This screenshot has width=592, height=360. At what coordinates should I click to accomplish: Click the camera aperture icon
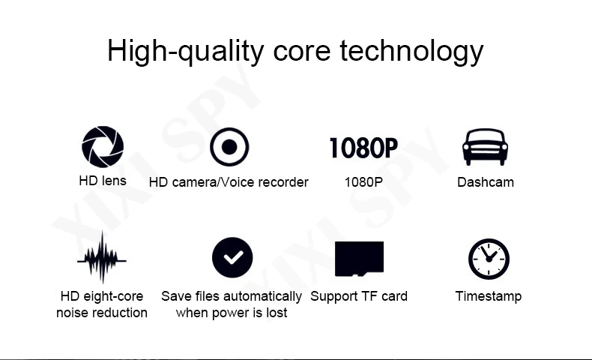point(103,147)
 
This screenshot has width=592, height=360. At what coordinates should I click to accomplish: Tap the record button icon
point(229,147)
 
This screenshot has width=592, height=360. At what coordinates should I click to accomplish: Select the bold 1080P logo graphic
point(363,148)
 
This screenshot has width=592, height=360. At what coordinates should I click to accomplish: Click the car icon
point(485,147)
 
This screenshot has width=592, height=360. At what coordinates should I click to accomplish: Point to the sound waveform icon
point(102,257)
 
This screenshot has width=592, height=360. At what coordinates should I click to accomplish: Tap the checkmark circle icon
point(232,258)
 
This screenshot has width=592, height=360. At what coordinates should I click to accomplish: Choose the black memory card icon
point(359,259)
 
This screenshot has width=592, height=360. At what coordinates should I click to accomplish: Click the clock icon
point(489,259)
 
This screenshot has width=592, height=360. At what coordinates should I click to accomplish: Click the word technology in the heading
point(411,51)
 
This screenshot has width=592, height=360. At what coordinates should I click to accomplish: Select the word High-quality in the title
point(186,51)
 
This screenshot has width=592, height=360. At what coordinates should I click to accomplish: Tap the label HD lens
point(103,181)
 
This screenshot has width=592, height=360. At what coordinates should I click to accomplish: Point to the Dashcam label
point(486,182)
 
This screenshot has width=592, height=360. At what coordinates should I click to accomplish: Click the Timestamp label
point(489,296)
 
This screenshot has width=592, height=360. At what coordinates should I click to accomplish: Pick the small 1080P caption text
point(363,182)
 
